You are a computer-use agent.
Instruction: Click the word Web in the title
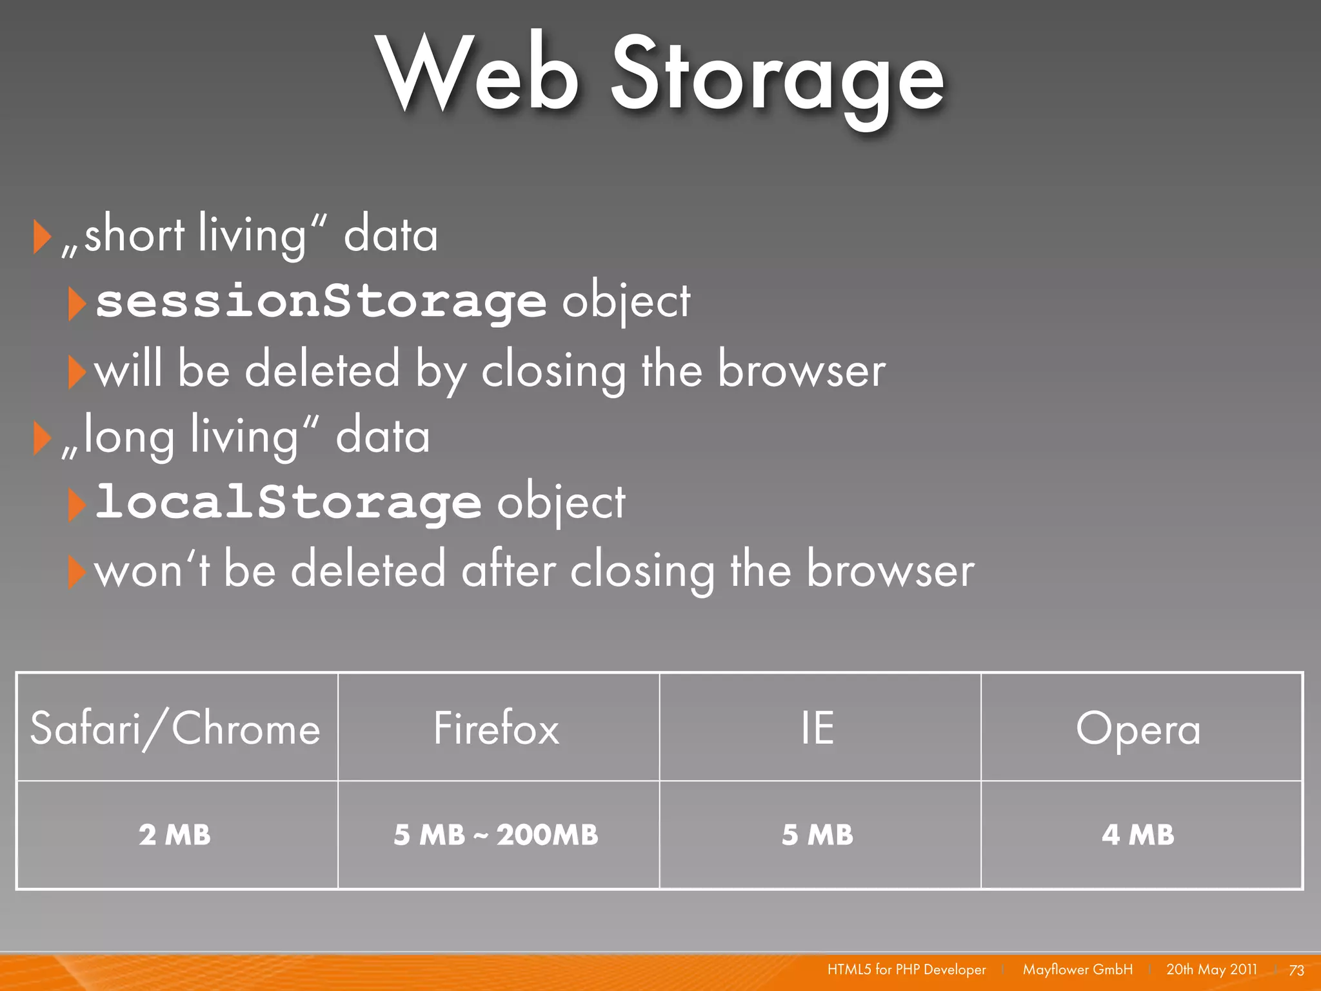tap(477, 74)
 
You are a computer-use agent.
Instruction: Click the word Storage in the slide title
tap(777, 77)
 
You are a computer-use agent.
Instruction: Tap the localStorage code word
tap(288, 502)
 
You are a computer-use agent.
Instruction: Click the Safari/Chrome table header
tap(175, 728)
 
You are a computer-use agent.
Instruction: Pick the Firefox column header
tap(497, 728)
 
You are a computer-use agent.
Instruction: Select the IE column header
tap(817, 728)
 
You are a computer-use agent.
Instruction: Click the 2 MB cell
tap(175, 835)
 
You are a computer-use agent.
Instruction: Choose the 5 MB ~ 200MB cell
tap(496, 835)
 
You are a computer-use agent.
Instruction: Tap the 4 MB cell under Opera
tap(1138, 835)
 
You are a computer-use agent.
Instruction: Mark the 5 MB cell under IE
tap(817, 835)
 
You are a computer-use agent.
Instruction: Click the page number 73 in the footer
tap(1296, 970)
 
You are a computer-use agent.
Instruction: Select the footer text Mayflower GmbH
tap(1077, 970)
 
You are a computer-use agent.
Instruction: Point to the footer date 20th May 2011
tap(1211, 970)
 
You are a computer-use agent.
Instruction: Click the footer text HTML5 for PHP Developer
tap(906, 970)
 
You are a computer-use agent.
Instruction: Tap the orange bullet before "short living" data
tap(41, 237)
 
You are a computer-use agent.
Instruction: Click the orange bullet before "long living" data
tap(41, 439)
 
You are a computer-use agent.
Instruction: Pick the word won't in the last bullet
tap(152, 570)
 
